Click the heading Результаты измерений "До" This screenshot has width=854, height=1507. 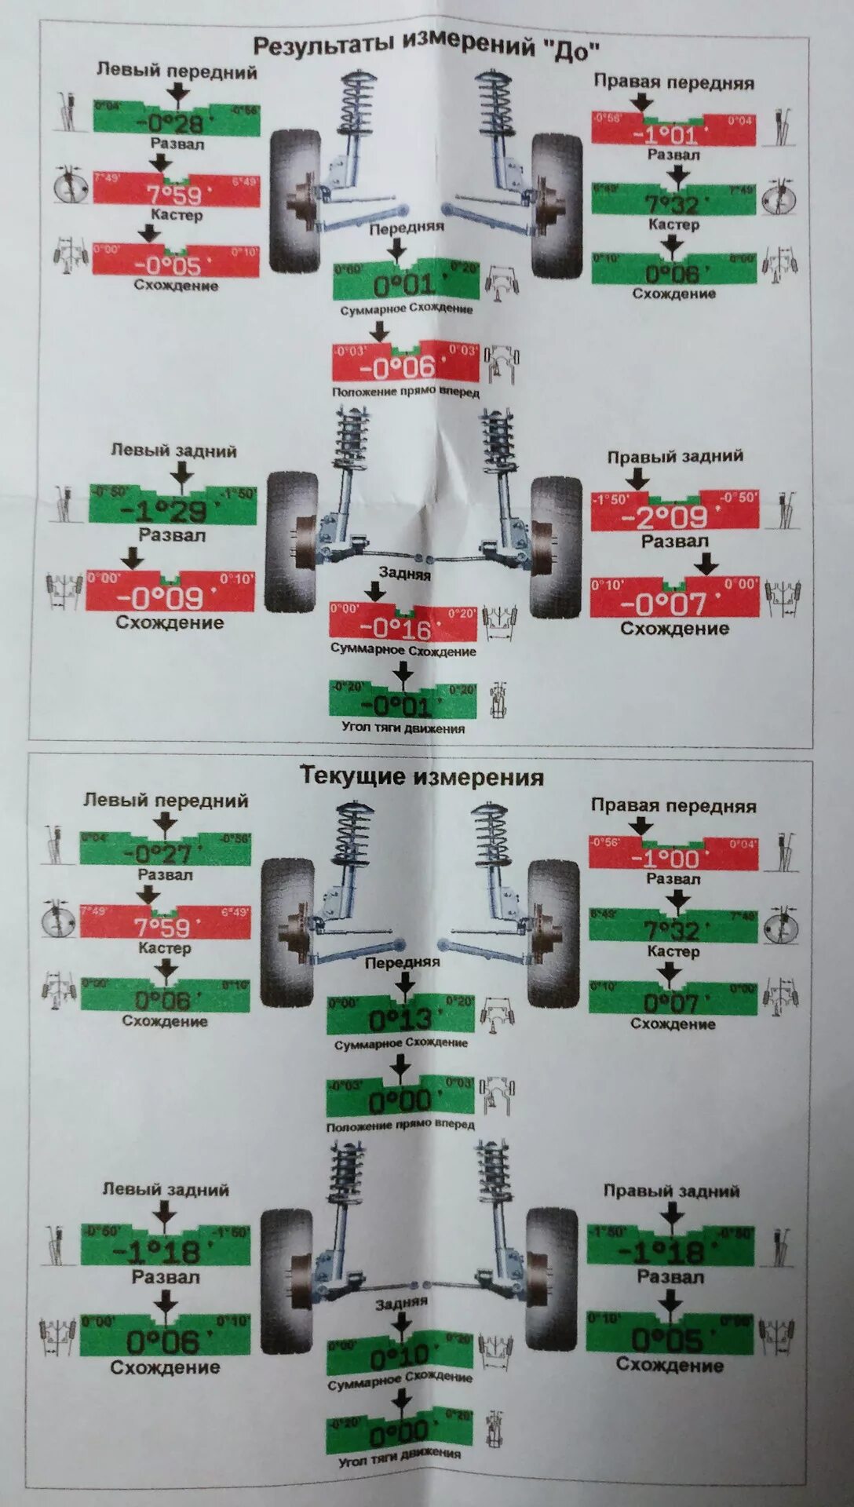point(426,48)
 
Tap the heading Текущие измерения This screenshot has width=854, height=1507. point(422,777)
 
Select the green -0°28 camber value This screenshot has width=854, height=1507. point(176,122)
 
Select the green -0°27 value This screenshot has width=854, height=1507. point(165,853)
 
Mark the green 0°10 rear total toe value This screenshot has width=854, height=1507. point(400,1356)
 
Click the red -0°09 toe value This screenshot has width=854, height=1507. point(170,598)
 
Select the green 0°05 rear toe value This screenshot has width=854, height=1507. point(670,1339)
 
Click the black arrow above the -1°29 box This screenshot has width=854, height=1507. point(182,474)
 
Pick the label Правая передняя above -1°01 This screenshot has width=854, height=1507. point(673,82)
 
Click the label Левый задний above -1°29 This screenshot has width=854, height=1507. point(173,451)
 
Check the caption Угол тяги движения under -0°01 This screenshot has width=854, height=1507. point(403,728)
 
